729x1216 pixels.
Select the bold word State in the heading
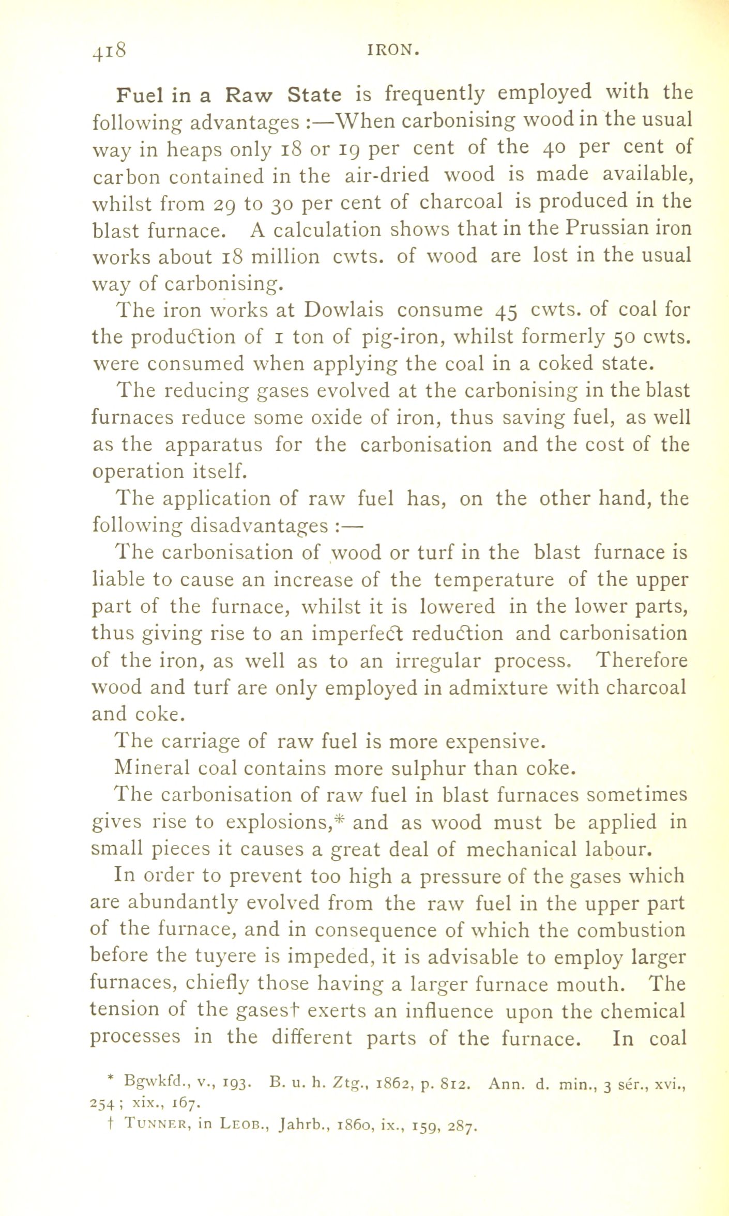pyautogui.click(x=314, y=95)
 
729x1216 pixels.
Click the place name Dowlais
pyautogui.click(x=344, y=310)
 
